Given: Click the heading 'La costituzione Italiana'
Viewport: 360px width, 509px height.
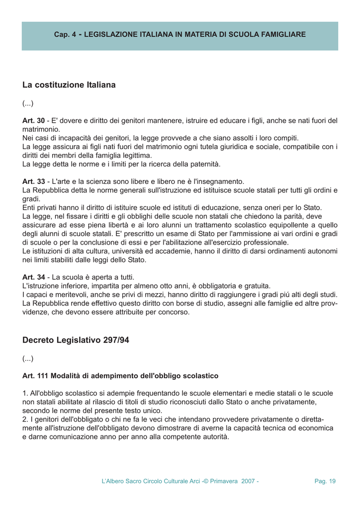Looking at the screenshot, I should [x=69, y=85].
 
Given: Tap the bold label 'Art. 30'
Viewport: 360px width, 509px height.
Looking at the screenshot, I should [x=33, y=121].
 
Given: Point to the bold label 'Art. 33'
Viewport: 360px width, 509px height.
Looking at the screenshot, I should [x=33, y=181].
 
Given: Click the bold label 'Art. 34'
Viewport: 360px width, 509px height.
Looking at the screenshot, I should [x=33, y=277].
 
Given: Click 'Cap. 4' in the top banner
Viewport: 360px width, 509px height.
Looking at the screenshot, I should [x=65, y=35].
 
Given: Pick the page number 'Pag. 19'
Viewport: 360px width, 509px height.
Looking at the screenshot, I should [x=325, y=481].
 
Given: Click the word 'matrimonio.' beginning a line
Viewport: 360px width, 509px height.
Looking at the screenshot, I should [x=41, y=129].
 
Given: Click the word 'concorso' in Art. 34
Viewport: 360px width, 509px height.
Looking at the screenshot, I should [x=174, y=312].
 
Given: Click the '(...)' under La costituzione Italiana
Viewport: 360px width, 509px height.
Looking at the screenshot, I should [x=28, y=103].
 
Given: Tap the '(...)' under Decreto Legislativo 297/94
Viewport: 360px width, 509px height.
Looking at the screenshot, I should [x=28, y=358].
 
